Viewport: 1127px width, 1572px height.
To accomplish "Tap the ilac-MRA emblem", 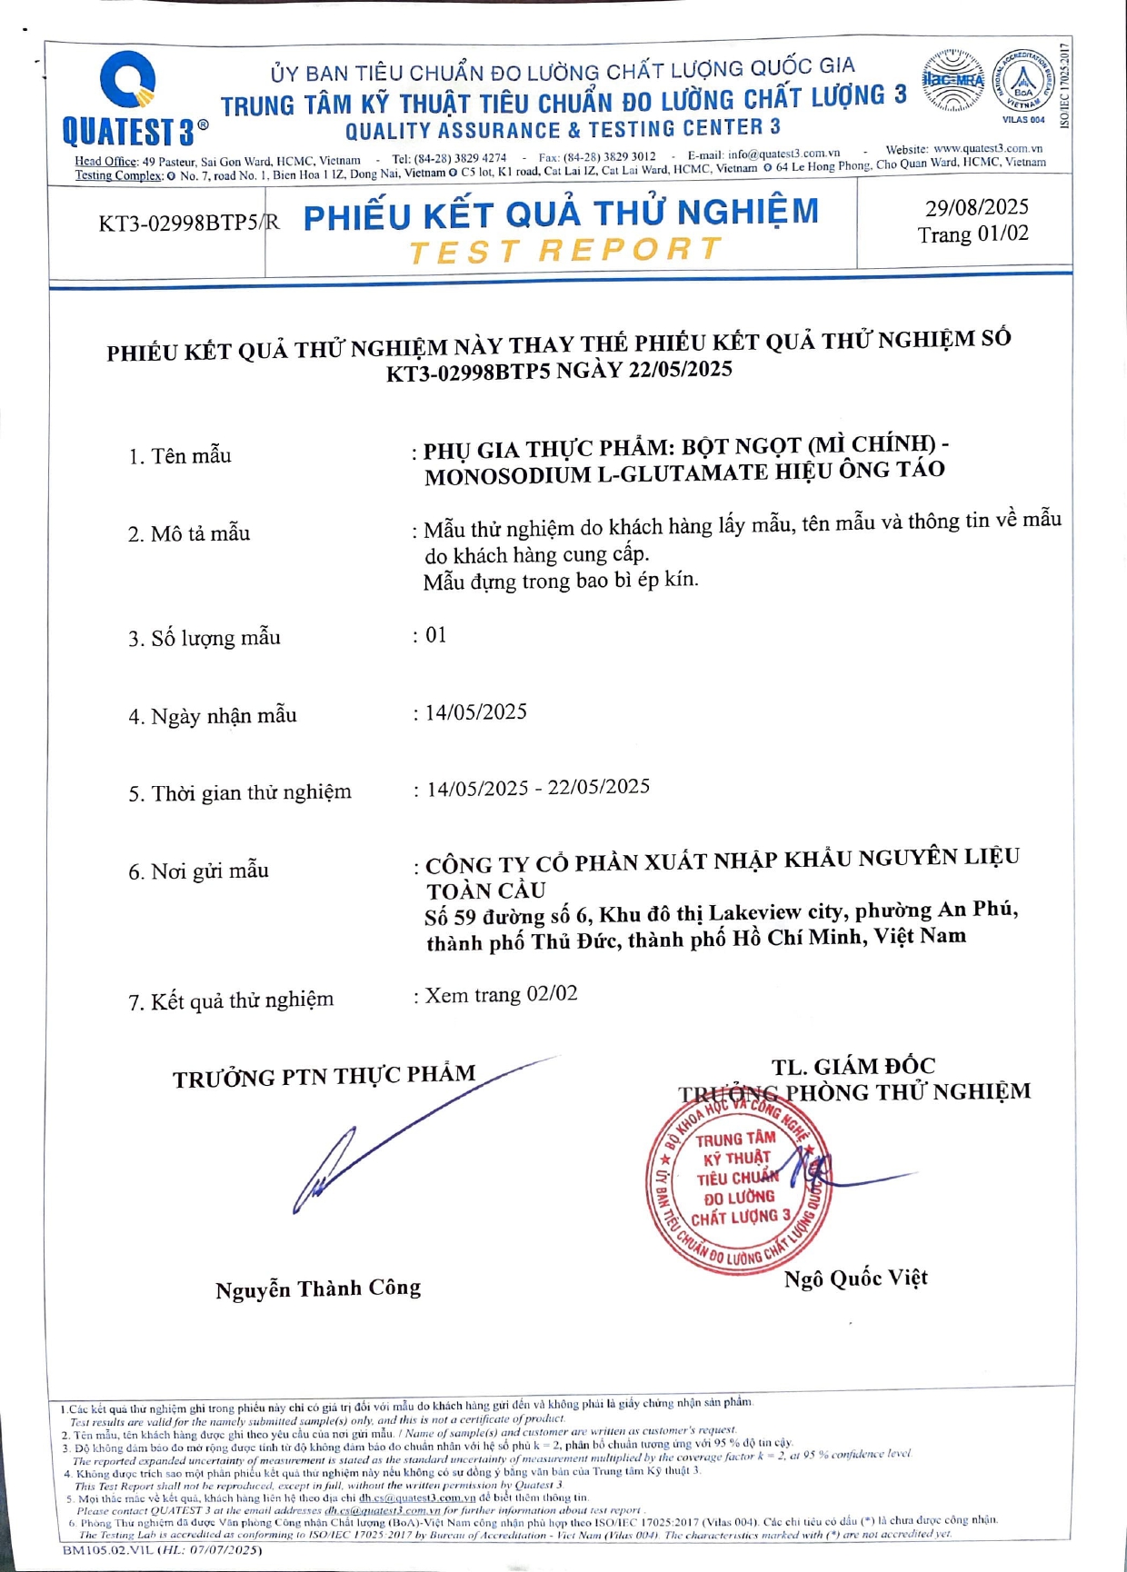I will coord(953,81).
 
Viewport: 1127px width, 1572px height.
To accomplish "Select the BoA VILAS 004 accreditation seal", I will coord(1023,84).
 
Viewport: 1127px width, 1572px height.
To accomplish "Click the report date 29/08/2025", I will coord(977,207).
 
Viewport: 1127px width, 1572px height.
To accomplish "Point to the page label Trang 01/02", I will coord(972,234).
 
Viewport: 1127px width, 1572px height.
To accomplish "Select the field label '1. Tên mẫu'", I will coord(180,456).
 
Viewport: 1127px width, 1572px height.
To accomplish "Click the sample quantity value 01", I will coord(436,635).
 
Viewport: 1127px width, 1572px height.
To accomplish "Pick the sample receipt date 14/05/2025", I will coord(476,711).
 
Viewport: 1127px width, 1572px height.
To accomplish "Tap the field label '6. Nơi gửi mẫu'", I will coord(198,871).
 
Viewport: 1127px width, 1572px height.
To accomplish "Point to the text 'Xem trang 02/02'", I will coord(501,995).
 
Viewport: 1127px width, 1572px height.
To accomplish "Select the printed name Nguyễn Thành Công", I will coord(318,1289).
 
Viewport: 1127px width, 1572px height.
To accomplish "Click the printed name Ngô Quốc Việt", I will coord(855,1278).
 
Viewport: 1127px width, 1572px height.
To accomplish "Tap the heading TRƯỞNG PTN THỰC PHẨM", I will coord(324,1077).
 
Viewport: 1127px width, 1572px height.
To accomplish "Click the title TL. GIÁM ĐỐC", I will coord(853,1066).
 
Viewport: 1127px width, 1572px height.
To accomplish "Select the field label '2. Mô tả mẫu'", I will coord(189,533).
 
